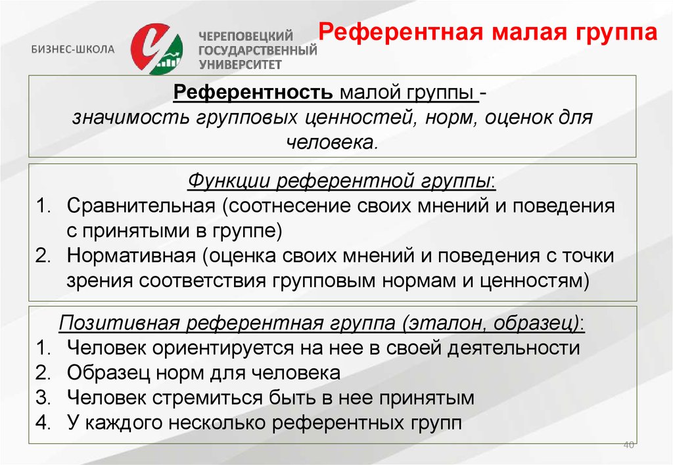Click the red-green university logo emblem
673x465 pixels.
click(157, 49)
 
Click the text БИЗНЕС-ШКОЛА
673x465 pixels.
click(73, 49)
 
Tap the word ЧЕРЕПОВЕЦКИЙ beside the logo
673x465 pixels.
click(246, 36)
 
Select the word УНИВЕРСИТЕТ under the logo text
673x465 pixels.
click(240, 65)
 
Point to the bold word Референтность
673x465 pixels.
click(253, 92)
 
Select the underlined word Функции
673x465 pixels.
click(229, 181)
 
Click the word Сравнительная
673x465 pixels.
click(141, 206)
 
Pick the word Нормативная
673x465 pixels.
click(131, 255)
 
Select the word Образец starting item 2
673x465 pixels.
click(108, 373)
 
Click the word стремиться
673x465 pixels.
click(208, 397)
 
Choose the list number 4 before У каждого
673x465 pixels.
click(43, 422)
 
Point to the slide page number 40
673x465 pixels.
click(628, 445)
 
